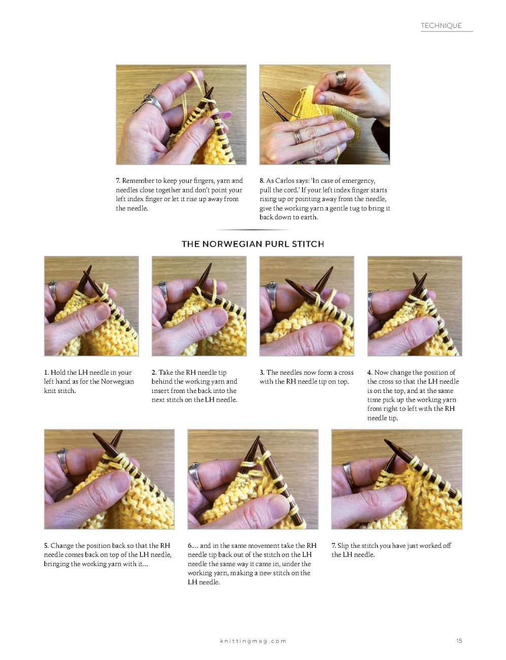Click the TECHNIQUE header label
coord(441,25)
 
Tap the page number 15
coord(459,641)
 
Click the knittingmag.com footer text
coord(253,641)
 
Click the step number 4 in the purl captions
coord(369,373)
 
